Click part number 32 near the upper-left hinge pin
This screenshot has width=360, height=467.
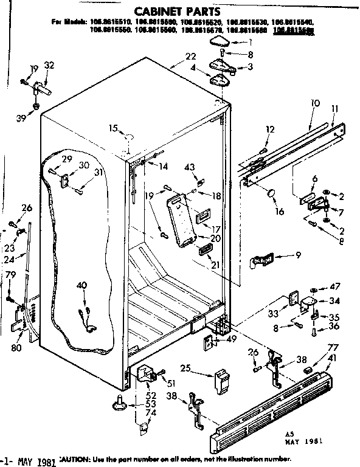(x=49, y=66)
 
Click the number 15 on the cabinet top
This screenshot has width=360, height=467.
(x=112, y=128)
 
